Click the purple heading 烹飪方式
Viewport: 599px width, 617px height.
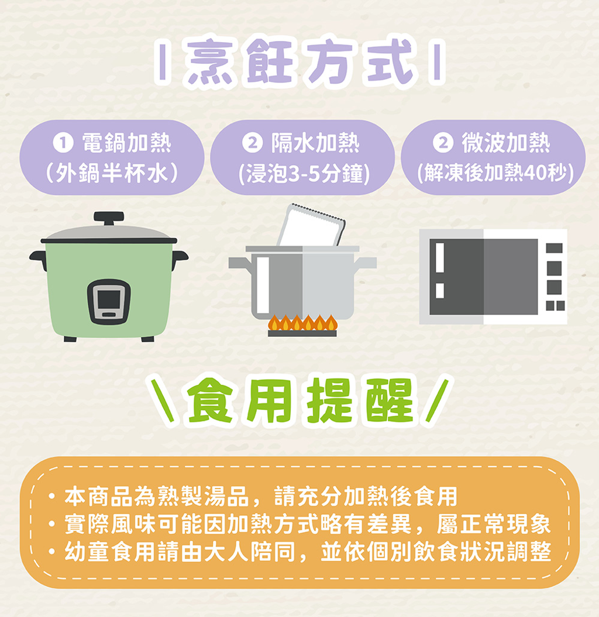[x=300, y=62]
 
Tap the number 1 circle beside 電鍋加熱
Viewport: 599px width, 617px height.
[x=63, y=143]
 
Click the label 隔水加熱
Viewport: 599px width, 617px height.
[x=315, y=143]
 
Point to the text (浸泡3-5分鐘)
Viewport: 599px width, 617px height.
[x=304, y=173]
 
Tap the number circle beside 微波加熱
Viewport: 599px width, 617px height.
[x=443, y=143]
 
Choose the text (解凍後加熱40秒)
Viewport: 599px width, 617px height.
[x=495, y=173]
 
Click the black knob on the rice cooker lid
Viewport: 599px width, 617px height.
[x=109, y=218]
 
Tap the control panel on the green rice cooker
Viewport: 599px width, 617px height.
[x=109, y=301]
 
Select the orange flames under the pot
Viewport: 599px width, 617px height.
[x=302, y=323]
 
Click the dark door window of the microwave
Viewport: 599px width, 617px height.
[x=483, y=277]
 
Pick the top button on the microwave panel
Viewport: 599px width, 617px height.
[x=554, y=248]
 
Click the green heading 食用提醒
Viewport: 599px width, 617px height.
[x=300, y=401]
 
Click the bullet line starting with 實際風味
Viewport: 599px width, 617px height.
[x=299, y=524]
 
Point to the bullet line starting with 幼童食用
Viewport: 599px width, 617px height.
[x=299, y=551]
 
